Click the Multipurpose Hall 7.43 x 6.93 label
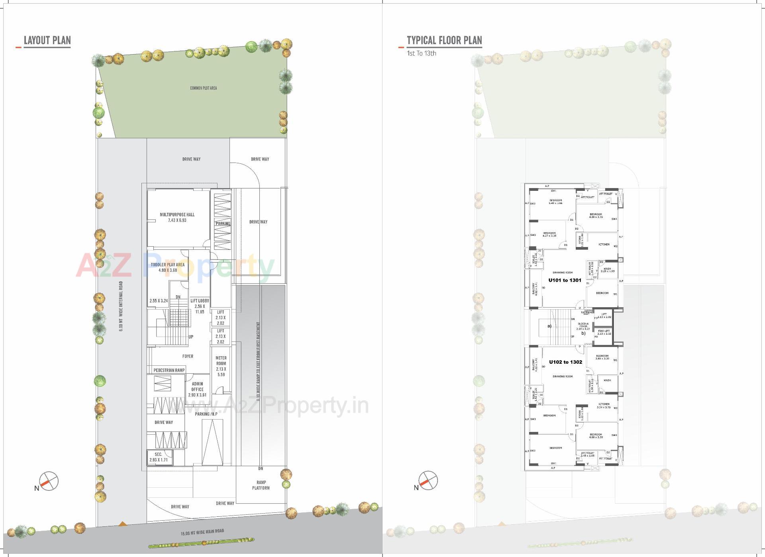[177, 217]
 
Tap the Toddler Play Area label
[167, 267]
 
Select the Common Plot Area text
[203, 88]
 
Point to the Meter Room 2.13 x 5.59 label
[221, 366]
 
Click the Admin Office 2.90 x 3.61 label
[197, 389]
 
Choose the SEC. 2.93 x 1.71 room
[158, 457]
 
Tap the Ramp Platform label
[261, 485]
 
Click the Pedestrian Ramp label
[169, 370]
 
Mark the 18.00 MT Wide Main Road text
[202, 532]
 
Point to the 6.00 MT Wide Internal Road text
[121, 306]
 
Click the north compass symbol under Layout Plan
[49, 481]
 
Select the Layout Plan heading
[47, 40]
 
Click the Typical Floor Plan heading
[444, 40]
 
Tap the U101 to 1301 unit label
[565, 280]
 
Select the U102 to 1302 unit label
[565, 362]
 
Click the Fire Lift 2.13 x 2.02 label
[604, 332]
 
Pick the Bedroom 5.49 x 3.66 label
[555, 202]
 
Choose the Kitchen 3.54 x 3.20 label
[604, 406]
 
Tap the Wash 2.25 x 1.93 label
[607, 270]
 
